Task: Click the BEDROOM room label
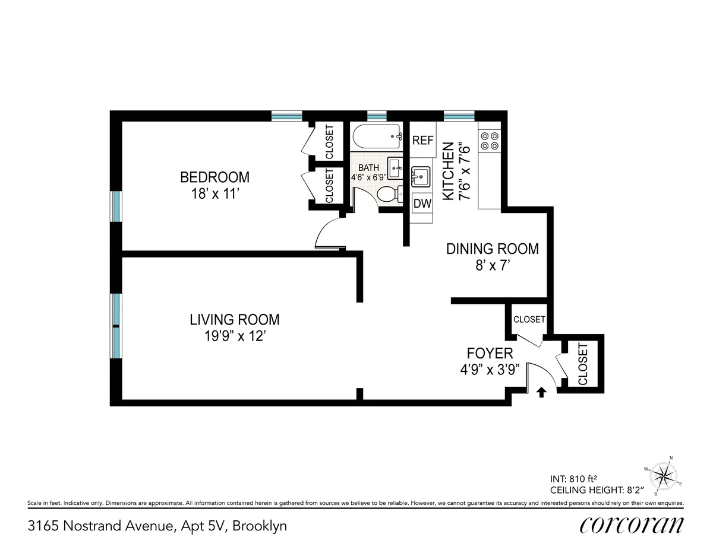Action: click(214, 177)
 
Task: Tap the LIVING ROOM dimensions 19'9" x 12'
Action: click(234, 336)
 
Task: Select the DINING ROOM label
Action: click(493, 249)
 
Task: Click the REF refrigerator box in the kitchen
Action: click(423, 141)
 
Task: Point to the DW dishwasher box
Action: click(422, 204)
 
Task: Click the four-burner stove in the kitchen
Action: click(490, 140)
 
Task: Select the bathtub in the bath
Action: click(377, 137)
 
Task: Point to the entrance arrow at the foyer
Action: click(541, 392)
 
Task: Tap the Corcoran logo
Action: click(631, 525)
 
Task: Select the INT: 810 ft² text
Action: click(573, 479)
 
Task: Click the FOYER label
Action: click(490, 354)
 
